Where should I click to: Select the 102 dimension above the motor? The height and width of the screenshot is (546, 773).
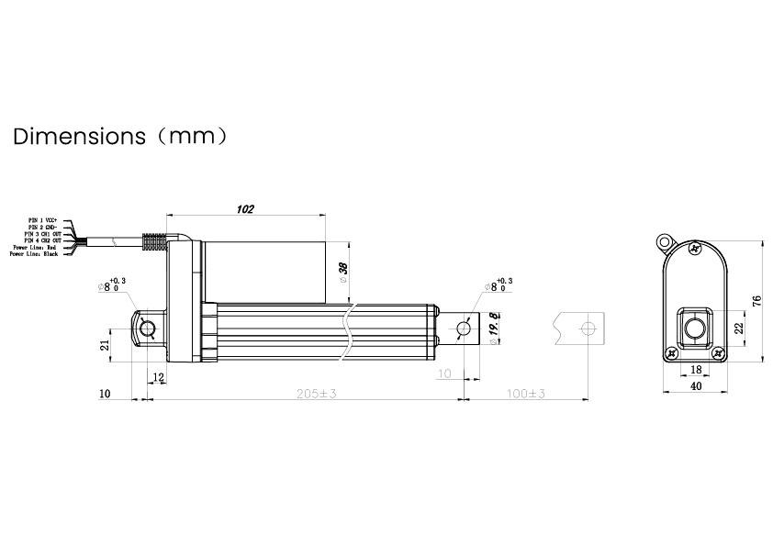[x=244, y=209]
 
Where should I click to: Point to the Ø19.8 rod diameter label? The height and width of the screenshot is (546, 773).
[x=493, y=328]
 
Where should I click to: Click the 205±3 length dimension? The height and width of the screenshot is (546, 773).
[x=318, y=393]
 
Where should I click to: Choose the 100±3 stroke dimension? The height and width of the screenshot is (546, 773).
[x=525, y=393]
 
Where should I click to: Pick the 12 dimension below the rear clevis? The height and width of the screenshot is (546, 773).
[x=158, y=376]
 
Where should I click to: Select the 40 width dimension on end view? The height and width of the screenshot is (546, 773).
[x=695, y=387]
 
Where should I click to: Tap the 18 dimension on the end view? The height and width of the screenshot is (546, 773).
[x=695, y=369]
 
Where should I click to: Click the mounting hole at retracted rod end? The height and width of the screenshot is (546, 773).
[x=465, y=328]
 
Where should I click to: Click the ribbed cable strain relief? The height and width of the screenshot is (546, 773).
[x=157, y=242]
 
